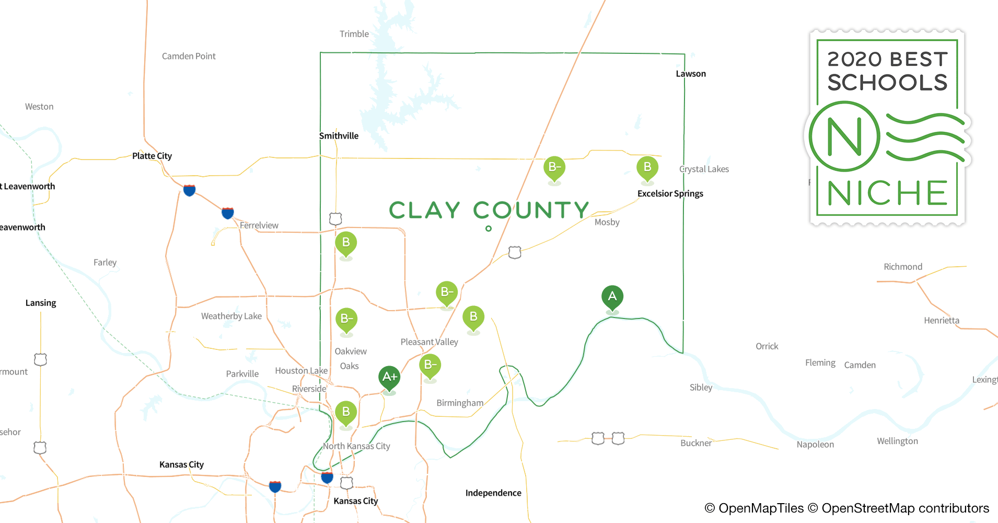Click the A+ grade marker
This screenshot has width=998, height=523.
click(389, 377)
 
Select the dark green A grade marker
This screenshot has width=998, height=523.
click(612, 297)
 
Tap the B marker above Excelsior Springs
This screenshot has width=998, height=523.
click(647, 167)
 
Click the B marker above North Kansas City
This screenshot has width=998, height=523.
click(346, 412)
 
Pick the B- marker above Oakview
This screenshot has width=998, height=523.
click(346, 319)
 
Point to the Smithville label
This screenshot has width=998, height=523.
click(339, 136)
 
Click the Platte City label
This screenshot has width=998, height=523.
click(152, 156)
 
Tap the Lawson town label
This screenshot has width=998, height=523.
click(691, 74)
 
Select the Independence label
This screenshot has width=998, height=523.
click(493, 493)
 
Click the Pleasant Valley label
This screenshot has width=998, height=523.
click(429, 342)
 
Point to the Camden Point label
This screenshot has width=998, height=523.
click(189, 56)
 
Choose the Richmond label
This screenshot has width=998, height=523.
click(903, 267)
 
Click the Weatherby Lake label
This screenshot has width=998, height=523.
click(231, 316)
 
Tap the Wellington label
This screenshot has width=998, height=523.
click(897, 441)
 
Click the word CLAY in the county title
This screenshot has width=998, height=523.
click(424, 210)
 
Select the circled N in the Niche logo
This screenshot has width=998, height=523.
click(844, 137)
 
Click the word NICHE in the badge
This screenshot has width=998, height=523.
click(887, 194)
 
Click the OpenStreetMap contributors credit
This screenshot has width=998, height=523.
click(905, 508)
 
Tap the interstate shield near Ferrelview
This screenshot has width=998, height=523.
click(228, 213)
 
